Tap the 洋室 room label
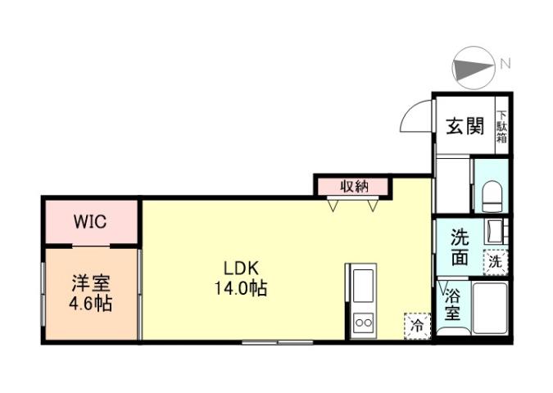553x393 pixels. point(90,284)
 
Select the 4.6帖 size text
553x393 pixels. point(90,303)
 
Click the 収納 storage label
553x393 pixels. point(354,187)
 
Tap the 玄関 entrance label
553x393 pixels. point(464,127)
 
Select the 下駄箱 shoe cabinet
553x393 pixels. point(501,126)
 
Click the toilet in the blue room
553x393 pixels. point(492,195)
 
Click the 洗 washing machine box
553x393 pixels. point(495,262)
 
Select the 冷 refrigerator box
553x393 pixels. point(417,324)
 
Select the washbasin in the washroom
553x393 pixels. point(495,232)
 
